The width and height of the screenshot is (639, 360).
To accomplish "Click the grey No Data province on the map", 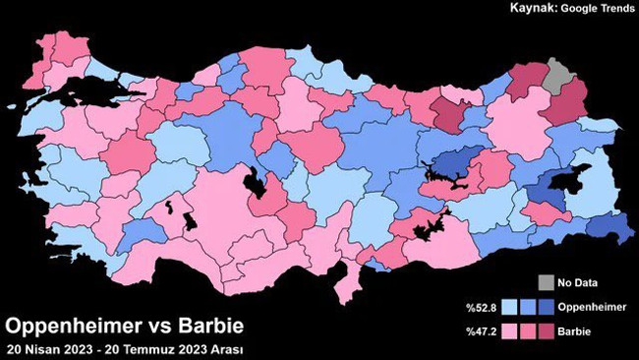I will pos(561,75).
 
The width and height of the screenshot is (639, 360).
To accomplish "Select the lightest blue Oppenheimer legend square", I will pos(508,307).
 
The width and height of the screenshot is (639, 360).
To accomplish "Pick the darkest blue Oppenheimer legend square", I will pos(548,307).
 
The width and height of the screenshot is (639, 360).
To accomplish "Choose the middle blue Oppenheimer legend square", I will pos(528,307).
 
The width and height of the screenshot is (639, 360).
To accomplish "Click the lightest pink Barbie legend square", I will pos(508,332).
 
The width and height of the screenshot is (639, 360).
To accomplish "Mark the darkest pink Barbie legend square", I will pos(548,332).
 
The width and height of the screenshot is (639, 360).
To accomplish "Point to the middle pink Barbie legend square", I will pos(528,332).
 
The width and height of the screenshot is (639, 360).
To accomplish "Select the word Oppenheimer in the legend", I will pos(592,307).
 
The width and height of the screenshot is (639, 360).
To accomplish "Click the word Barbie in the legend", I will pos(575,332).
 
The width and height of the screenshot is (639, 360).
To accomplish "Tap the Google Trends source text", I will pos(598,9).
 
